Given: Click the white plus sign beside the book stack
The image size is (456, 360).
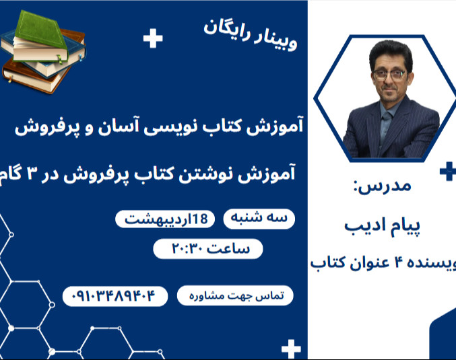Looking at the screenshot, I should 153,38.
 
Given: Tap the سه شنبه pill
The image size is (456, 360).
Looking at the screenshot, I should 259,219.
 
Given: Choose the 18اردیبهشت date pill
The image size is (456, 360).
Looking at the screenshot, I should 166,219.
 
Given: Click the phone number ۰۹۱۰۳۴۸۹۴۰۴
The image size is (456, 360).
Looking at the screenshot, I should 115,295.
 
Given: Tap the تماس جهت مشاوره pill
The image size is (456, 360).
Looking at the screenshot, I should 235,295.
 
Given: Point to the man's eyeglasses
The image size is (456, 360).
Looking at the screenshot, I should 390,74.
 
